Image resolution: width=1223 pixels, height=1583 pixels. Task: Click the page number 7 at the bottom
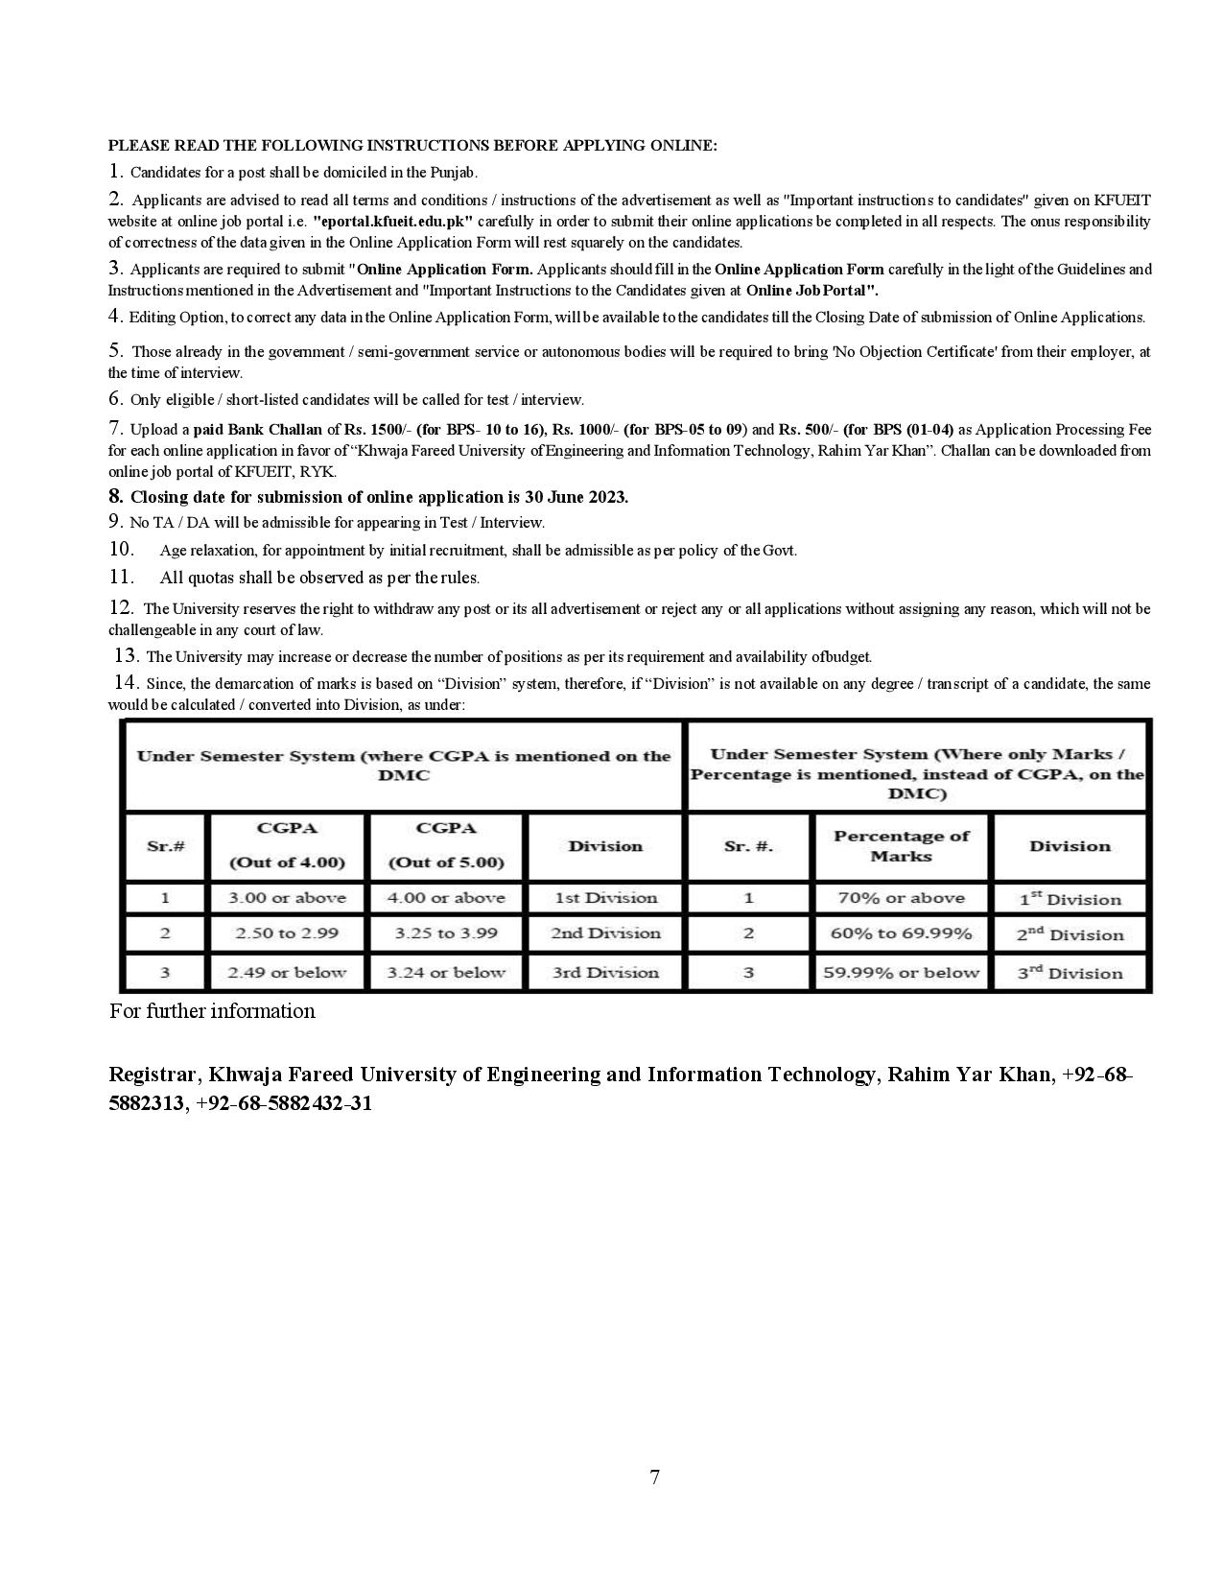pyautogui.click(x=654, y=1477)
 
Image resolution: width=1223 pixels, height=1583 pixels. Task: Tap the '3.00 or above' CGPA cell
pyautogui.click(x=287, y=898)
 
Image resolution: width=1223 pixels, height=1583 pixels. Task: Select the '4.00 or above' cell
pyautogui.click(x=446, y=898)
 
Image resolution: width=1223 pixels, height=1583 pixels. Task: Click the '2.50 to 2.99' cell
pyautogui.click(x=287, y=933)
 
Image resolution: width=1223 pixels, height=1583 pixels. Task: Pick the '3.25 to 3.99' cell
pyautogui.click(x=446, y=933)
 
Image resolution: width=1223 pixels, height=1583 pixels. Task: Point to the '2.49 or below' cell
pyautogui.click(x=287, y=973)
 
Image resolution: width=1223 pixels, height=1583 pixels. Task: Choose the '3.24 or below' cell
pyautogui.click(x=446, y=973)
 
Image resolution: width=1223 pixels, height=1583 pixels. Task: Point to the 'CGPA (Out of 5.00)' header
pyautogui.click(x=446, y=845)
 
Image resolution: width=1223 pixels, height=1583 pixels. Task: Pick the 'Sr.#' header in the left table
pyautogui.click(x=165, y=846)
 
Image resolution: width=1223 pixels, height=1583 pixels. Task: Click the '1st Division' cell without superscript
pyautogui.click(x=605, y=898)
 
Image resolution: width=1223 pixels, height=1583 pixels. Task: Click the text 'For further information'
pyautogui.click(x=212, y=1011)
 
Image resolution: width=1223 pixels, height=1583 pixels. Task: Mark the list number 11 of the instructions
pyautogui.click(x=121, y=577)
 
